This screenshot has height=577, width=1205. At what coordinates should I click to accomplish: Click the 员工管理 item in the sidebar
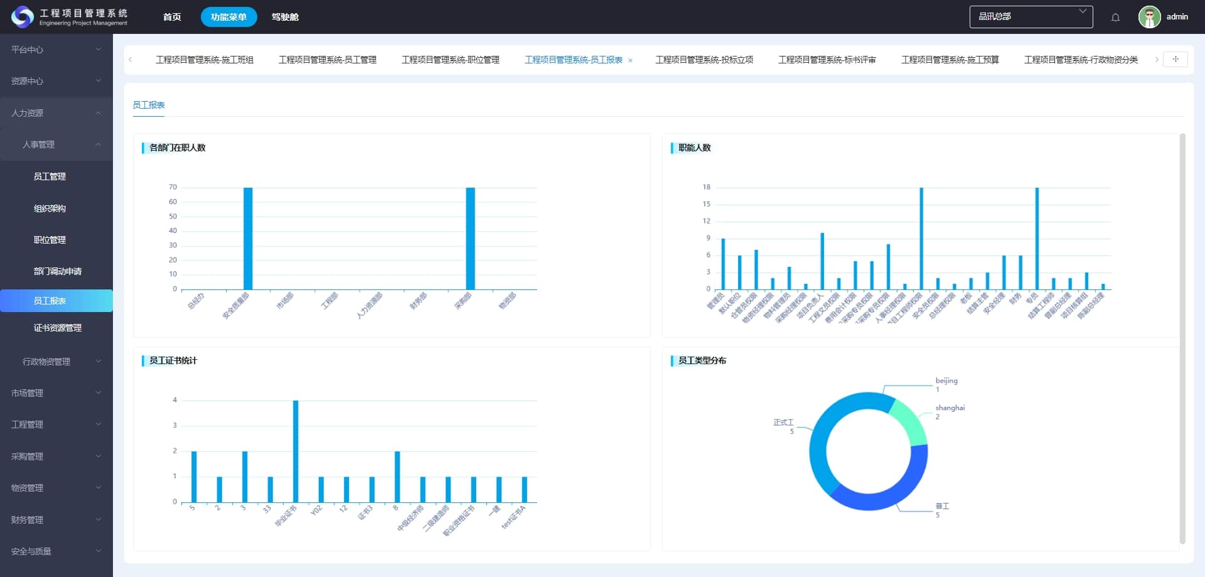[50, 176]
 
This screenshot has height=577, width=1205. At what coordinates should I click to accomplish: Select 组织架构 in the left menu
[50, 208]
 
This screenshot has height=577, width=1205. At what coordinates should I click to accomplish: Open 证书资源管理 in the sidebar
[57, 328]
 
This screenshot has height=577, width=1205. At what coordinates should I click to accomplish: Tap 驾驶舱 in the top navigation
[285, 17]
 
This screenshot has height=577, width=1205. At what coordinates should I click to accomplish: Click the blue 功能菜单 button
[228, 17]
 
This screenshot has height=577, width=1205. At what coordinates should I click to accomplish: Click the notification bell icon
[1115, 17]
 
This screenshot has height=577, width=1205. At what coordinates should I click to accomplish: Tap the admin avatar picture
[1149, 17]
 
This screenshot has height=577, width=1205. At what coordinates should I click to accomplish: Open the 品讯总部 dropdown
[1031, 17]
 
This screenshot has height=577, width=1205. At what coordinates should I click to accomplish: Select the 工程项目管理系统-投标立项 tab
[704, 60]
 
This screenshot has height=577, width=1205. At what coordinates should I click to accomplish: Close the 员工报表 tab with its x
[630, 60]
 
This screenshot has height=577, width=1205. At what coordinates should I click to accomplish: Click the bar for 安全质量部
[248, 239]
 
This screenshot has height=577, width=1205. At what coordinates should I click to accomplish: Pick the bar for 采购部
[470, 239]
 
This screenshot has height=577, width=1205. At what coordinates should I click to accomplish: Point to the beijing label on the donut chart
[946, 380]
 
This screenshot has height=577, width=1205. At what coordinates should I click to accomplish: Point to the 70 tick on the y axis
[173, 187]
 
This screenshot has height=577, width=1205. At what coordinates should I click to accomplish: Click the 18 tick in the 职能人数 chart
[707, 187]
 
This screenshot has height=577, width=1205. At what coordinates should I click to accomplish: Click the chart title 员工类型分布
[702, 360]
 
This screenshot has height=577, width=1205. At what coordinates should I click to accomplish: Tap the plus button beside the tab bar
[1176, 59]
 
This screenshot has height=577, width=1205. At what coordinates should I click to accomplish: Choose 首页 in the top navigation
[172, 17]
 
